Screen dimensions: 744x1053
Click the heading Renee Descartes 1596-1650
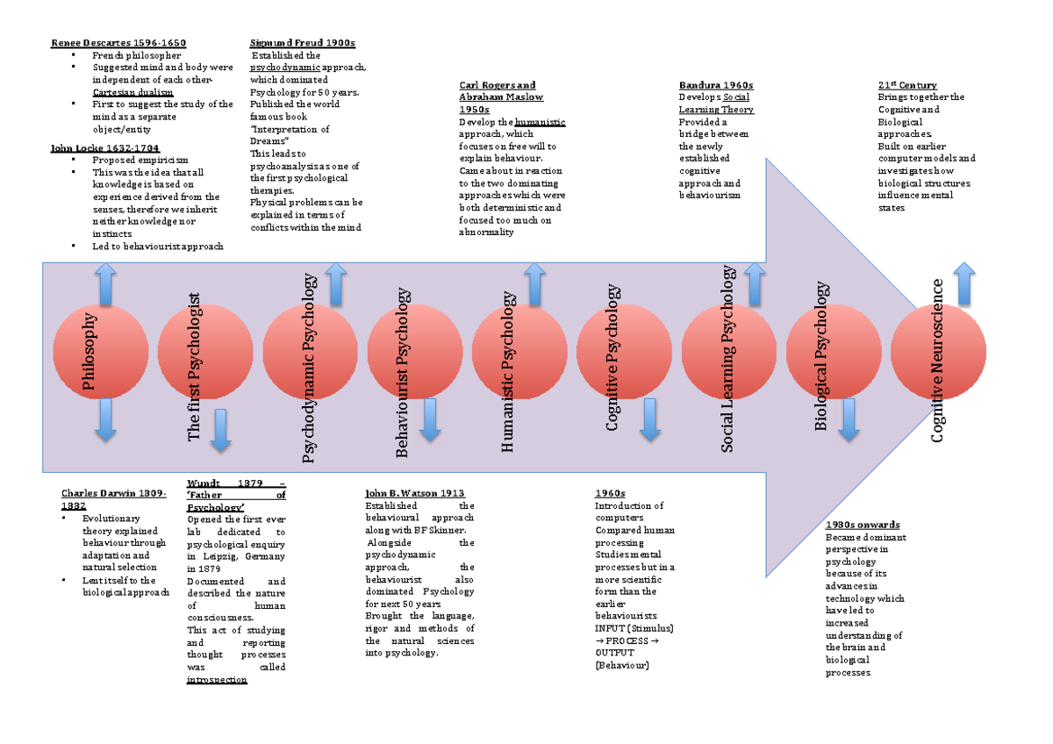[118, 43]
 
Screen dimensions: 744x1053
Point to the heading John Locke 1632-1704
[105, 148]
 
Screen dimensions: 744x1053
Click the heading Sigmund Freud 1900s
[303, 43]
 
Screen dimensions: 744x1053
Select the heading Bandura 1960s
[716, 85]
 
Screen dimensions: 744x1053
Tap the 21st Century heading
[907, 85]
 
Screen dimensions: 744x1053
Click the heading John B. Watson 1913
[414, 494]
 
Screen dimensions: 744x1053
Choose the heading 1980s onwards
[863, 525]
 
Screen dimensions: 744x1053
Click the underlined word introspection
[217, 680]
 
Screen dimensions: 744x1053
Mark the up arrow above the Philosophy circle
[105, 284]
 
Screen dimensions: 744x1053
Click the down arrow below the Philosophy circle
[105, 418]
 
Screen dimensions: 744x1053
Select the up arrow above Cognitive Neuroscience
[963, 284]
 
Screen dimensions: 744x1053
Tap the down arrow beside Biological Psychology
[848, 418]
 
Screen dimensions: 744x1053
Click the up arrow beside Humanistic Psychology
[534, 284]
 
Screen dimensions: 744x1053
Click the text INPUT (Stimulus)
[634, 628]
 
